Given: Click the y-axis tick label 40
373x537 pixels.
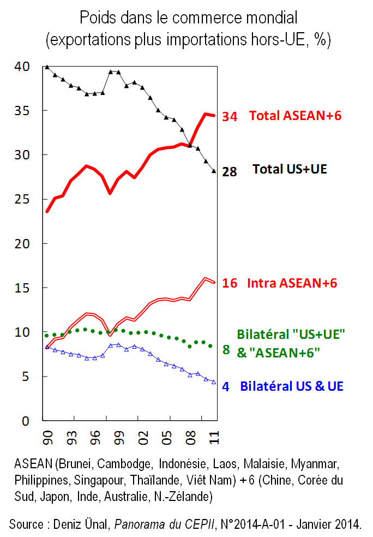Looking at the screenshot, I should coord(21,67).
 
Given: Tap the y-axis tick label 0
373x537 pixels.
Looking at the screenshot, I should coord(25,421).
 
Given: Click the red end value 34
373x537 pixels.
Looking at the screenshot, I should coord(230,117).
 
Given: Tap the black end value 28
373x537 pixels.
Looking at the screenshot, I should coord(230,172).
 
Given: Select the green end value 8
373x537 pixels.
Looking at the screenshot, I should coord(226,350).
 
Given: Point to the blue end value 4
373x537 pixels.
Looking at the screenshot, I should coord(226,387).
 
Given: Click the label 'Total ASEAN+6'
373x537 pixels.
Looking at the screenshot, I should coord(295,116).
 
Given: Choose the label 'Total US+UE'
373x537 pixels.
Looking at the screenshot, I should coord(290,170).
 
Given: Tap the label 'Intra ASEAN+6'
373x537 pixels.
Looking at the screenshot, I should coord(292,283).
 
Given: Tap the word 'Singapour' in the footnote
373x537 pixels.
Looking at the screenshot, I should coord(93,481).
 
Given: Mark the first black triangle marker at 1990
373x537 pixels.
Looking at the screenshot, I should coord(47,67).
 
